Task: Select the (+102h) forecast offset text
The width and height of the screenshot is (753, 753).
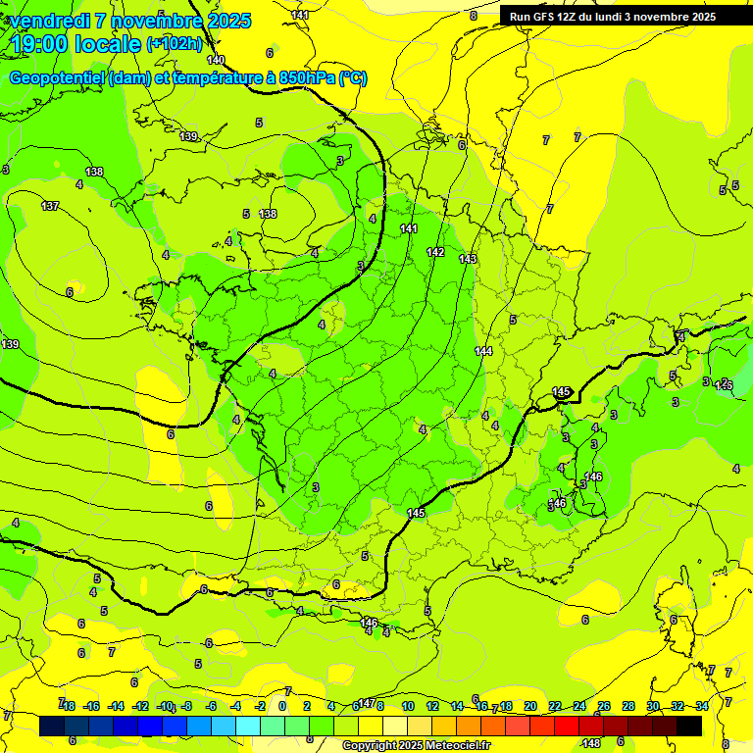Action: tap(175, 43)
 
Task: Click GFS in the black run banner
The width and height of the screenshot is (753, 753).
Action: tap(549, 17)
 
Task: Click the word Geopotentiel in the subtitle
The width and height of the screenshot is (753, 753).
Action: tap(58, 78)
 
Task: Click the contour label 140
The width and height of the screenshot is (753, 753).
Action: tap(216, 61)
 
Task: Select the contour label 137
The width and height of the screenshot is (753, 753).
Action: tap(50, 206)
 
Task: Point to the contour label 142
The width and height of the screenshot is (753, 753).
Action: tap(435, 253)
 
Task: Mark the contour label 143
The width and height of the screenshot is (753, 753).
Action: tap(468, 259)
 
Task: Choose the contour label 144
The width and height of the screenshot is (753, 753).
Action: tap(483, 351)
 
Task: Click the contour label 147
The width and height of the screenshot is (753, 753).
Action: tap(366, 703)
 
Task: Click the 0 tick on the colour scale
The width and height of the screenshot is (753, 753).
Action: tap(282, 706)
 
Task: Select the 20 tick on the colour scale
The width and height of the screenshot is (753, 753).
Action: tap(530, 706)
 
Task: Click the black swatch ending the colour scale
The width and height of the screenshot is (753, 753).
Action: tap(689, 726)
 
